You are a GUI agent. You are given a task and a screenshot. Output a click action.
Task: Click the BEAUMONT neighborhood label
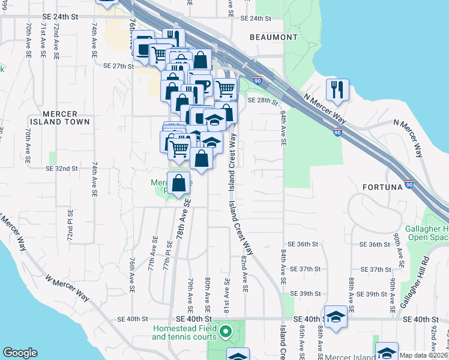point(274,37)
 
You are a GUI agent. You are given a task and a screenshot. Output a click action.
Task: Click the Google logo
point(20,353)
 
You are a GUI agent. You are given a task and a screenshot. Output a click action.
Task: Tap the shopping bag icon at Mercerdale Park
point(179,184)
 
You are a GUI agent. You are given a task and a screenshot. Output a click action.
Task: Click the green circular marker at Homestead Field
point(226,331)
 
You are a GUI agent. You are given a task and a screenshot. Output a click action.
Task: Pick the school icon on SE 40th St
point(336,317)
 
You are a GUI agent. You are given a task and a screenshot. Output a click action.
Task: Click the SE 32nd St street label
point(61,169)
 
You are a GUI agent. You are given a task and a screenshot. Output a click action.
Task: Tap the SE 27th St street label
point(118,66)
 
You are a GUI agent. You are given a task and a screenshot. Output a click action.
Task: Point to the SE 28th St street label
point(263,101)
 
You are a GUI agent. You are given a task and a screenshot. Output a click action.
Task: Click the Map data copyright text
point(423,355)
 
